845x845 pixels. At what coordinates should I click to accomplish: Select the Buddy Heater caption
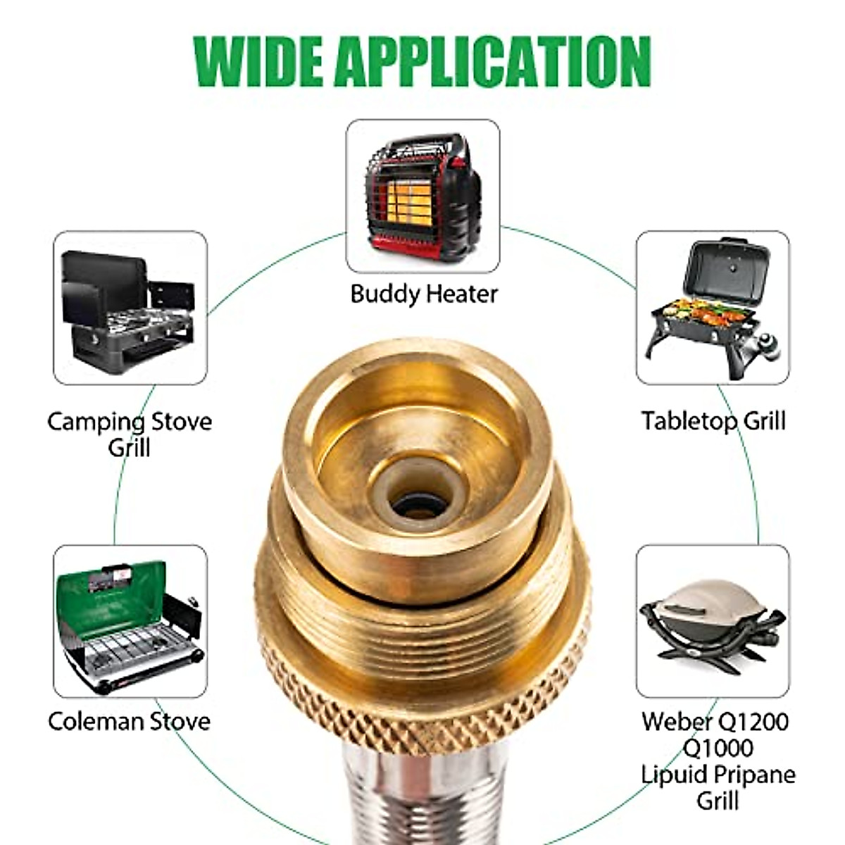(x=424, y=293)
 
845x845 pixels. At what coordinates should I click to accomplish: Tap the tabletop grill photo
(x=713, y=307)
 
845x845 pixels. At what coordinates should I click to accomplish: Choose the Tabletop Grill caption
(x=713, y=421)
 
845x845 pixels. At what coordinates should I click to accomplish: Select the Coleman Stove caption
(x=130, y=721)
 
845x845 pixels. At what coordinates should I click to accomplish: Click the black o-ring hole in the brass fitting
(x=420, y=503)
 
